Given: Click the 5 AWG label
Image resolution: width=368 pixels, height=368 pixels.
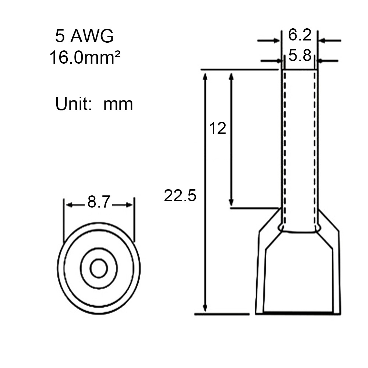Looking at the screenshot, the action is [84, 36].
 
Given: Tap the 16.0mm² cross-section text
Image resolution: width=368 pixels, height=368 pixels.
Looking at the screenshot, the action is [85, 57].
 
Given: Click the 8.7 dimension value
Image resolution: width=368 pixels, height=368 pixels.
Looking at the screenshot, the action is [99, 202].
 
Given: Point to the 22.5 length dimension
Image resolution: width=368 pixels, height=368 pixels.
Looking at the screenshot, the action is [180, 195].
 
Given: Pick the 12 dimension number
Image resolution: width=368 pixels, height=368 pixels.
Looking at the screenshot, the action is [217, 128].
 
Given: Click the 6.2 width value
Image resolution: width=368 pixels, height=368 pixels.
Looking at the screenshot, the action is [300, 35].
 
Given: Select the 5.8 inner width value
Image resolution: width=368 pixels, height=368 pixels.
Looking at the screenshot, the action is [300, 56].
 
